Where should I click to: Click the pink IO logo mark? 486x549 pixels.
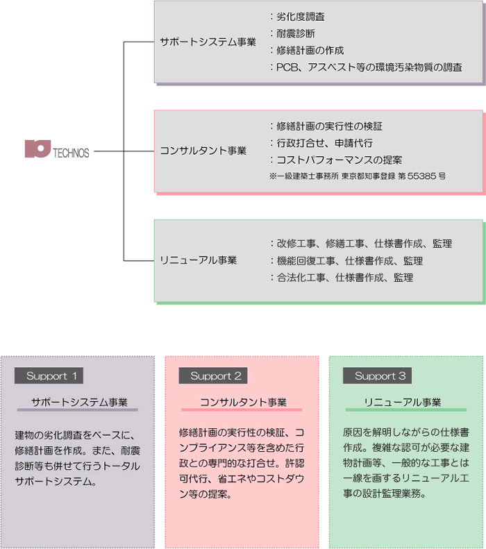pos(37,149)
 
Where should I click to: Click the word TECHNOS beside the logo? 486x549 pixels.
pos(71,153)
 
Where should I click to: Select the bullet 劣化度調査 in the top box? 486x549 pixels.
pos(301,17)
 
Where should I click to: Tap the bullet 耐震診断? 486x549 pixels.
pos(296,33)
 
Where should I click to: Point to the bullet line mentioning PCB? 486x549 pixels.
pos(369,67)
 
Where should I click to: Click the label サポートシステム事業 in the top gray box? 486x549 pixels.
pos(208,42)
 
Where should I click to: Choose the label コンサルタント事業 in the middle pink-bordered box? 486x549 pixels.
pos(203,151)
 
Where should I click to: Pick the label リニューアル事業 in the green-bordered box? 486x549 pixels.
pos(198,260)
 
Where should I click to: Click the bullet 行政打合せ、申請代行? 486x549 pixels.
pos(325,143)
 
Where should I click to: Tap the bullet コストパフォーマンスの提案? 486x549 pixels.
pos(339,160)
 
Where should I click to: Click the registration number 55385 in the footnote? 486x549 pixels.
pos(421,176)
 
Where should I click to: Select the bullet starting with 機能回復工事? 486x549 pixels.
pos(350,261)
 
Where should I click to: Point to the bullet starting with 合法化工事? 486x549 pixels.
pos(345,278)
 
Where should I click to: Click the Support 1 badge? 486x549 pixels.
pos(49,375)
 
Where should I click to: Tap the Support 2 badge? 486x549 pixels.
pos(213,375)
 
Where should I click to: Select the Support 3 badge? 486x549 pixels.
pos(377,375)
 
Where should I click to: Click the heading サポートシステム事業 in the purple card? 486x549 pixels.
pos(79,403)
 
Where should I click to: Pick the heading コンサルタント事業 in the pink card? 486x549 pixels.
pos(244,403)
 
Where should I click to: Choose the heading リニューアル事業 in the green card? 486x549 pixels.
pos(403,403)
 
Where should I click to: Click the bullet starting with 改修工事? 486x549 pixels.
pos(364,244)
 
